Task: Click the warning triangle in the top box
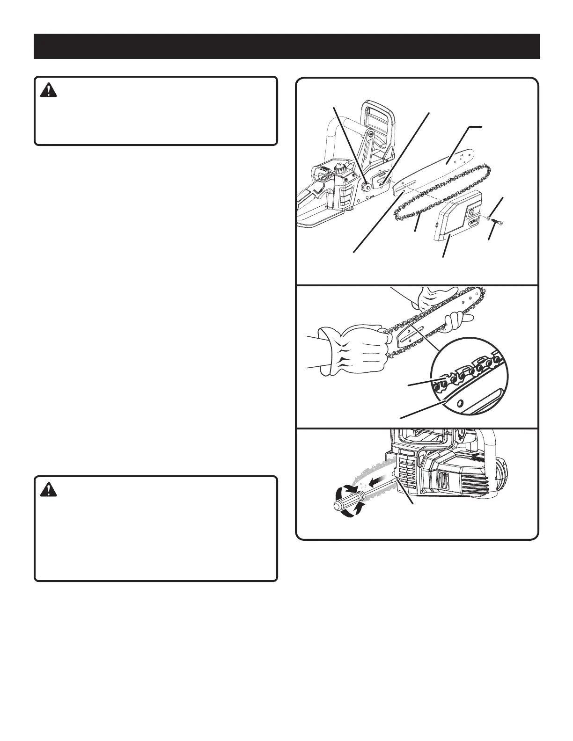[x=48, y=90]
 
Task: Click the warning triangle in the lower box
[x=48, y=489]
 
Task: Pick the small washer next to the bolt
[x=489, y=218]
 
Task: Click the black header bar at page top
[x=286, y=46]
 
